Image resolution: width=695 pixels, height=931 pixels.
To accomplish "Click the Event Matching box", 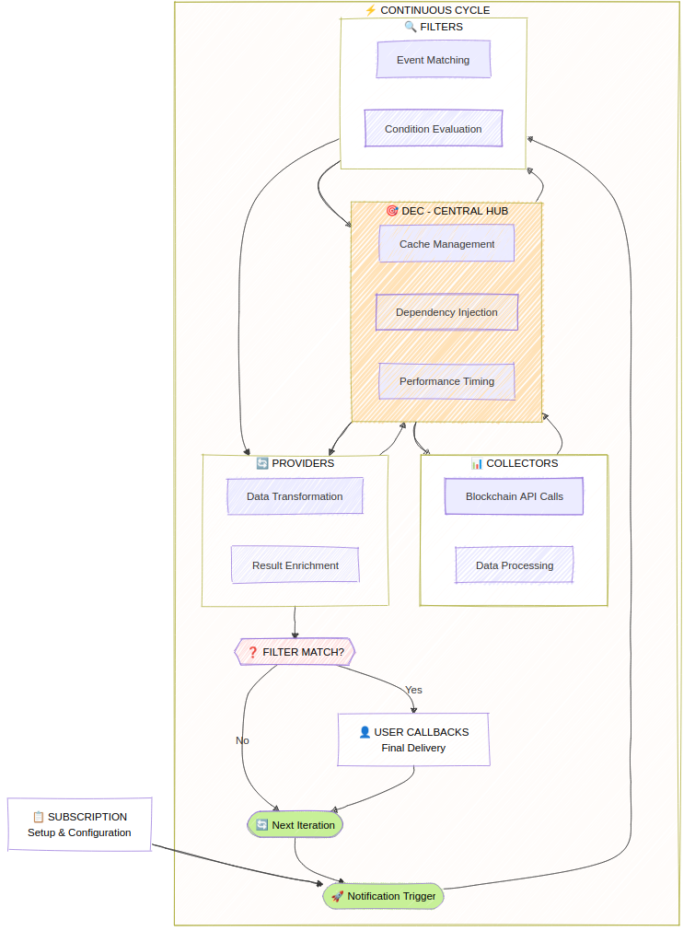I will pos(433,60).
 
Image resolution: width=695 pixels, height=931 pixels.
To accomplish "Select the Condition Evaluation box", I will pos(433,129).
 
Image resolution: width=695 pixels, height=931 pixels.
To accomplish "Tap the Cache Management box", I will pos(446,244).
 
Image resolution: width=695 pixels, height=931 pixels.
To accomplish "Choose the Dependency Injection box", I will pos(446,312).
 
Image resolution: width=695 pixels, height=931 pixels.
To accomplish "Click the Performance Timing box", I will pos(446,381).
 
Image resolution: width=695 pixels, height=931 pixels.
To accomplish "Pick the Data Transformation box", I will pos(295,496).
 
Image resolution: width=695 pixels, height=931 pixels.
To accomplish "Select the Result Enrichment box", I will pos(295,565).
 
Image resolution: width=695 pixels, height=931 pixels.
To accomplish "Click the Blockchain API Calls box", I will pos(514,496).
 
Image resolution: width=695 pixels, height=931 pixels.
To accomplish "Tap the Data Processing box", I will pos(514,565).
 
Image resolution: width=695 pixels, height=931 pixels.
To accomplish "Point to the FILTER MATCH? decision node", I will pos(295,652).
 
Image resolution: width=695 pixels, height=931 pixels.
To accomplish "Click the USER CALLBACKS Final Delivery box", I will pos(413,739).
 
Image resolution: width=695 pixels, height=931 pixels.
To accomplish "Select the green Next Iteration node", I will pos(295,825).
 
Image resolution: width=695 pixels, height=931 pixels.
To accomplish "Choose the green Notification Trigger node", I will pos(383,896).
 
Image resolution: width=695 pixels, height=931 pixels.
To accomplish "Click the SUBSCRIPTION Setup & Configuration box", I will pos(79,824).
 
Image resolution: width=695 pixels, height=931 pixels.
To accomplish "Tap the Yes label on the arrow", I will pos(413,690).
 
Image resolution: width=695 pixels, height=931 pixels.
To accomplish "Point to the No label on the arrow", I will pos(242,740).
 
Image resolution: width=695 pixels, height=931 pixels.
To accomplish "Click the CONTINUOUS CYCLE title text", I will pos(428,10).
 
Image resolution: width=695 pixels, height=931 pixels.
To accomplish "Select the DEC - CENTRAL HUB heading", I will pos(446,211).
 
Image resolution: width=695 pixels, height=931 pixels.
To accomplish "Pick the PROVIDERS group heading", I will pos(295,463).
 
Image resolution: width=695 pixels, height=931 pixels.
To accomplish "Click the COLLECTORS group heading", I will pos(514,463).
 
